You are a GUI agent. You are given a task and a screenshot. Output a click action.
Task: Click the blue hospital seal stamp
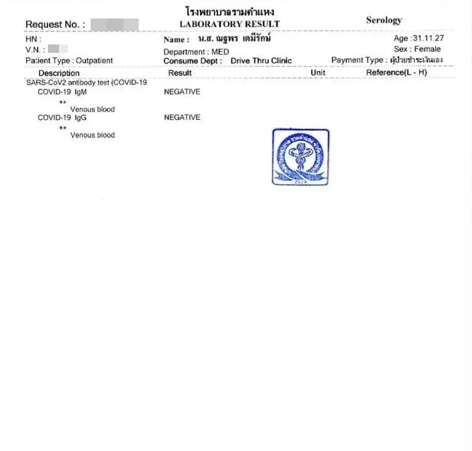[x=300, y=157]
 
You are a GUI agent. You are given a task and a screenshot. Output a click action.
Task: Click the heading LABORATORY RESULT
[x=229, y=24]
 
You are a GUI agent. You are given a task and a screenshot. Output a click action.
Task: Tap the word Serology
[x=383, y=20]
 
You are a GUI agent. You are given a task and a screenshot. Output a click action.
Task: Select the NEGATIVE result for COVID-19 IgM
[x=182, y=92]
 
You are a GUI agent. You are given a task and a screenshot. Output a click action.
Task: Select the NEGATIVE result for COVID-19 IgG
[x=182, y=117]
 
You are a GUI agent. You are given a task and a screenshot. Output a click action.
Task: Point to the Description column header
[x=59, y=73]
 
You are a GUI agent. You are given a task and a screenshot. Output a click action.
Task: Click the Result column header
[x=180, y=73]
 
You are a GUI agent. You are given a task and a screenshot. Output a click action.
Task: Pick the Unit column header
[x=318, y=73]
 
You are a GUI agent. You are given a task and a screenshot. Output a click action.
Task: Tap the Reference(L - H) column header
[x=396, y=73]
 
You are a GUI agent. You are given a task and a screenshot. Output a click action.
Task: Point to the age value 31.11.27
[x=428, y=38]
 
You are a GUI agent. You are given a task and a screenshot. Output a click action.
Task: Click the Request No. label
[x=55, y=25]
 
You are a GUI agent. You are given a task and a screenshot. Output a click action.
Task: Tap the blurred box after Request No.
[x=114, y=25]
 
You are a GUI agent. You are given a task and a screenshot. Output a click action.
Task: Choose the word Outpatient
[x=94, y=61]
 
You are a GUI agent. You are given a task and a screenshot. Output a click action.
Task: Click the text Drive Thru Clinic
[x=261, y=61]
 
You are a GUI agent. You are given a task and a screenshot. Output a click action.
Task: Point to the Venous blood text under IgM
[x=92, y=109]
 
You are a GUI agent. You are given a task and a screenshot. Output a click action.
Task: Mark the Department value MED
[x=220, y=52]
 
